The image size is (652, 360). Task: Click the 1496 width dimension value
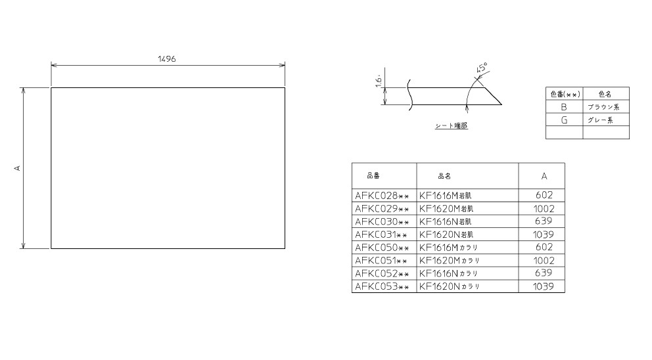pos(167,59)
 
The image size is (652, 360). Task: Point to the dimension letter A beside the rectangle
pos(18,168)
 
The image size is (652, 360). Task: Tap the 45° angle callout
pos(482,68)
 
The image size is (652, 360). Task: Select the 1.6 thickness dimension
pos(379,82)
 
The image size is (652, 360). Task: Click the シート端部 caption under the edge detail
pos(451,125)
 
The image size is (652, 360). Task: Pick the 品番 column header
pos(373,176)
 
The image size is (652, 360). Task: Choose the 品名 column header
pos(444,176)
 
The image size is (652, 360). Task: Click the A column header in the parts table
pos(544,176)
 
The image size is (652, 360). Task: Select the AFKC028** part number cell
pos(382,195)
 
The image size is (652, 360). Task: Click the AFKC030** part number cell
pos(382,221)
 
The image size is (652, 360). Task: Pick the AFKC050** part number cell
pos(382,248)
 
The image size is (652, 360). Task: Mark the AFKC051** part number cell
pos(381,261)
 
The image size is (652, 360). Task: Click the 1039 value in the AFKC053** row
pos(544,286)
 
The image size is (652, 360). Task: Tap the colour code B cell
pos(564,107)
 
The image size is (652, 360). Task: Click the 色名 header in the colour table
pos(605,95)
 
